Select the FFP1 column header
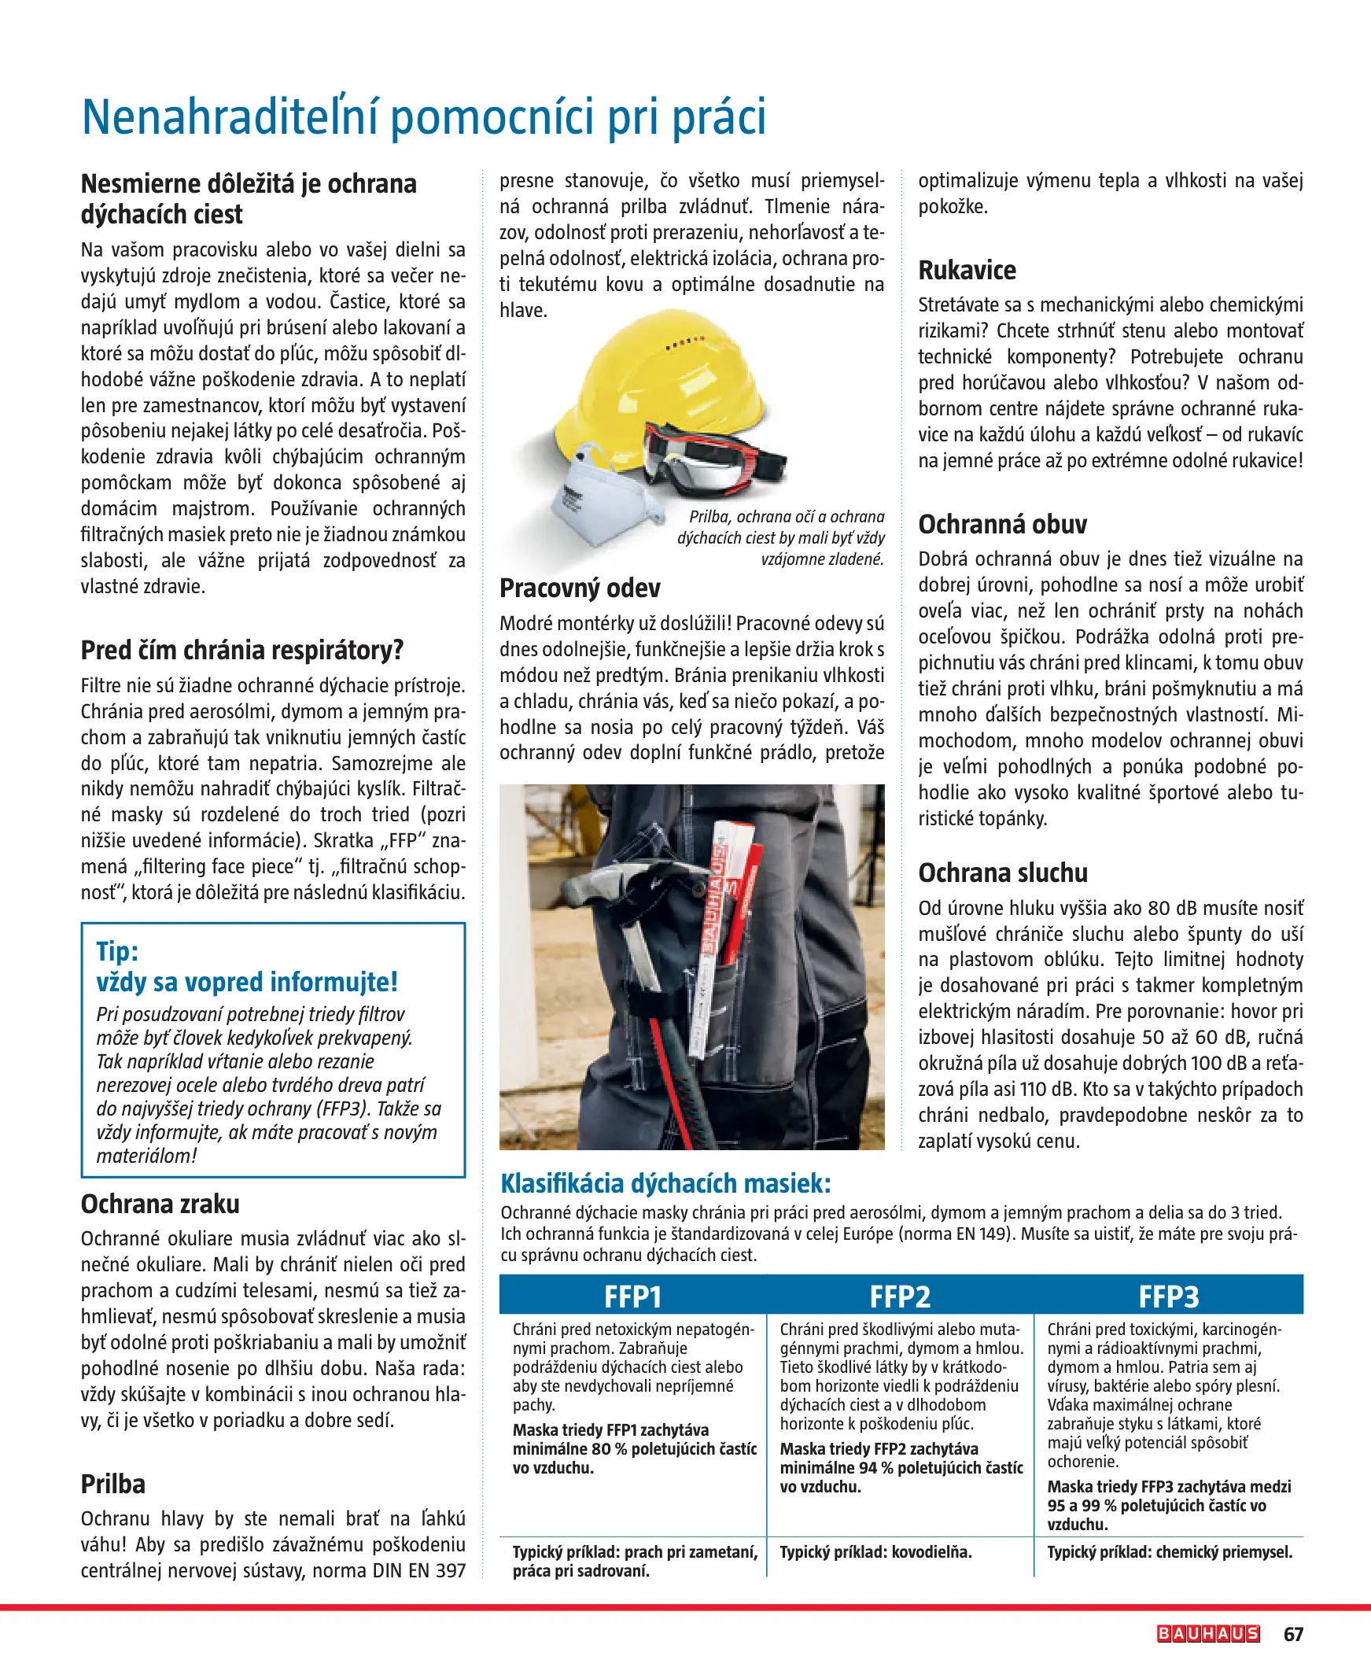(632, 1297)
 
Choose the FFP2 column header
(900, 1297)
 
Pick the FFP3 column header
(1168, 1297)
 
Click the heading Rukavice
(967, 270)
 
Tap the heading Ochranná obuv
(1001, 525)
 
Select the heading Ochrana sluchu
(1002, 872)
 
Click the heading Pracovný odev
(580, 588)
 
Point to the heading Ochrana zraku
(160, 1204)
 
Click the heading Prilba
(113, 1484)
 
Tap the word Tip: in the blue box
(117, 951)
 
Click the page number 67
(1293, 1634)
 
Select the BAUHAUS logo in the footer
(1207, 1634)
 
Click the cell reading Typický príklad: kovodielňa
(875, 1551)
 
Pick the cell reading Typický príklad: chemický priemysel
(1169, 1551)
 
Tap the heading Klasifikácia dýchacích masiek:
(665, 1184)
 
